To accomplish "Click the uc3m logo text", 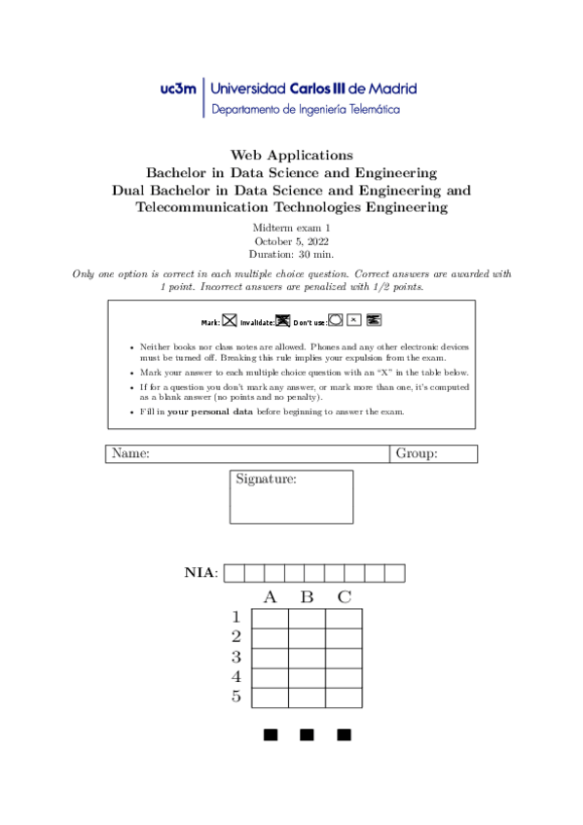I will tap(178, 89).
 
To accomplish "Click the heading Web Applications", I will tap(291, 155).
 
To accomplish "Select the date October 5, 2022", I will tap(291, 240).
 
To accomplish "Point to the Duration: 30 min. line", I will tap(291, 254).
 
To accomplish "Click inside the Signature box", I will tap(291, 504).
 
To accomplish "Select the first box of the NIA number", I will tap(234, 573).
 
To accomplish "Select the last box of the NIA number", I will tap(394, 573).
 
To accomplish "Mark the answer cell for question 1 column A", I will tap(271, 618).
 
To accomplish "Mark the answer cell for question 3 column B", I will tap(307, 658).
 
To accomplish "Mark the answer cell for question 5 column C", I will tap(344, 698).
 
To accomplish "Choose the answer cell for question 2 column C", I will tap(344, 638).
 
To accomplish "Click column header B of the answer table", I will tap(307, 595).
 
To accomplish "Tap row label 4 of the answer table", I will tap(236, 676).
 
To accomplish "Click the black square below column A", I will tap(271, 734).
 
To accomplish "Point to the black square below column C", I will tap(344, 734).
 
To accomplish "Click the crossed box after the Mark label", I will tap(230, 320).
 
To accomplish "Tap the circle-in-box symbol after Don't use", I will tap(336, 319).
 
